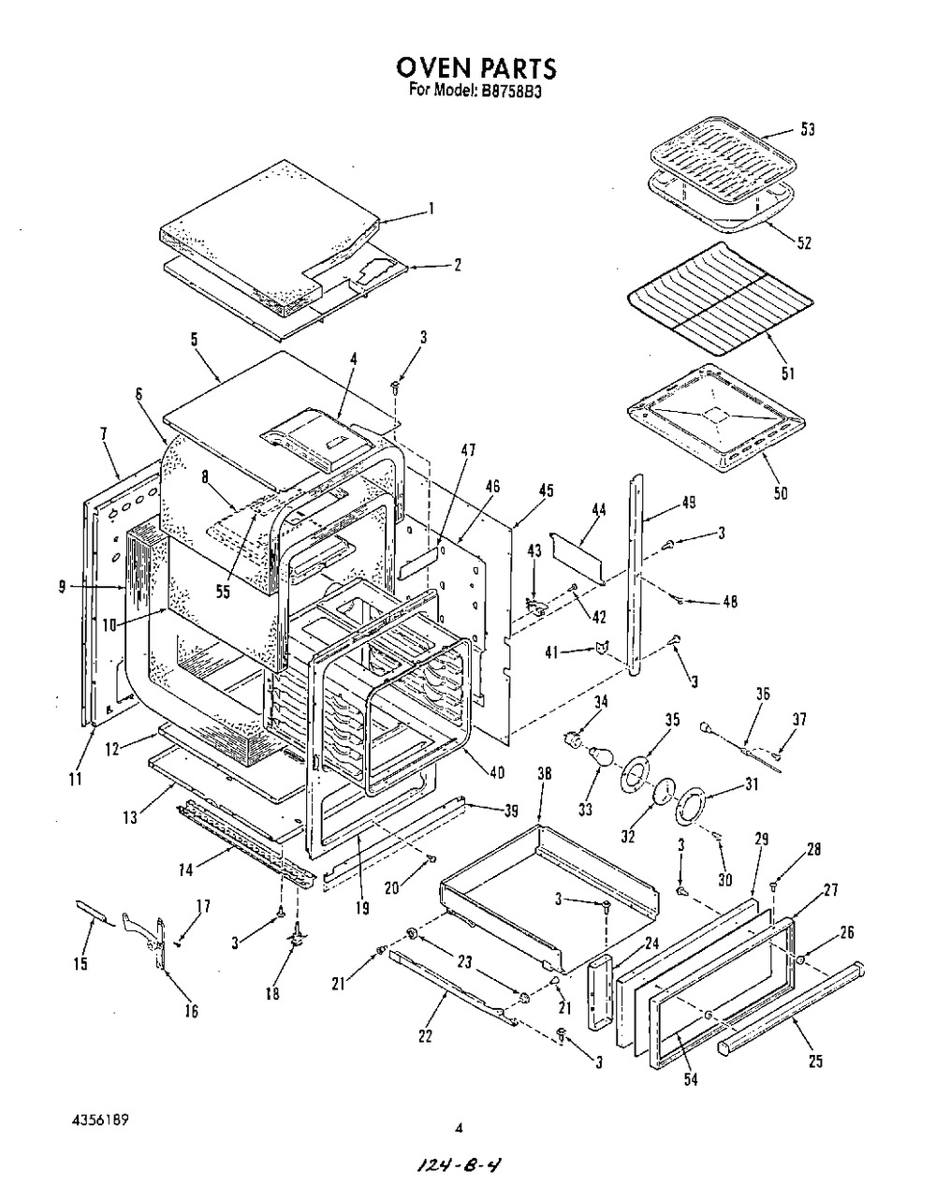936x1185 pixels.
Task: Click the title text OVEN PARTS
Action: (x=475, y=67)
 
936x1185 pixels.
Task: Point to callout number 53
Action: (x=807, y=129)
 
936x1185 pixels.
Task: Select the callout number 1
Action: (x=430, y=209)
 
